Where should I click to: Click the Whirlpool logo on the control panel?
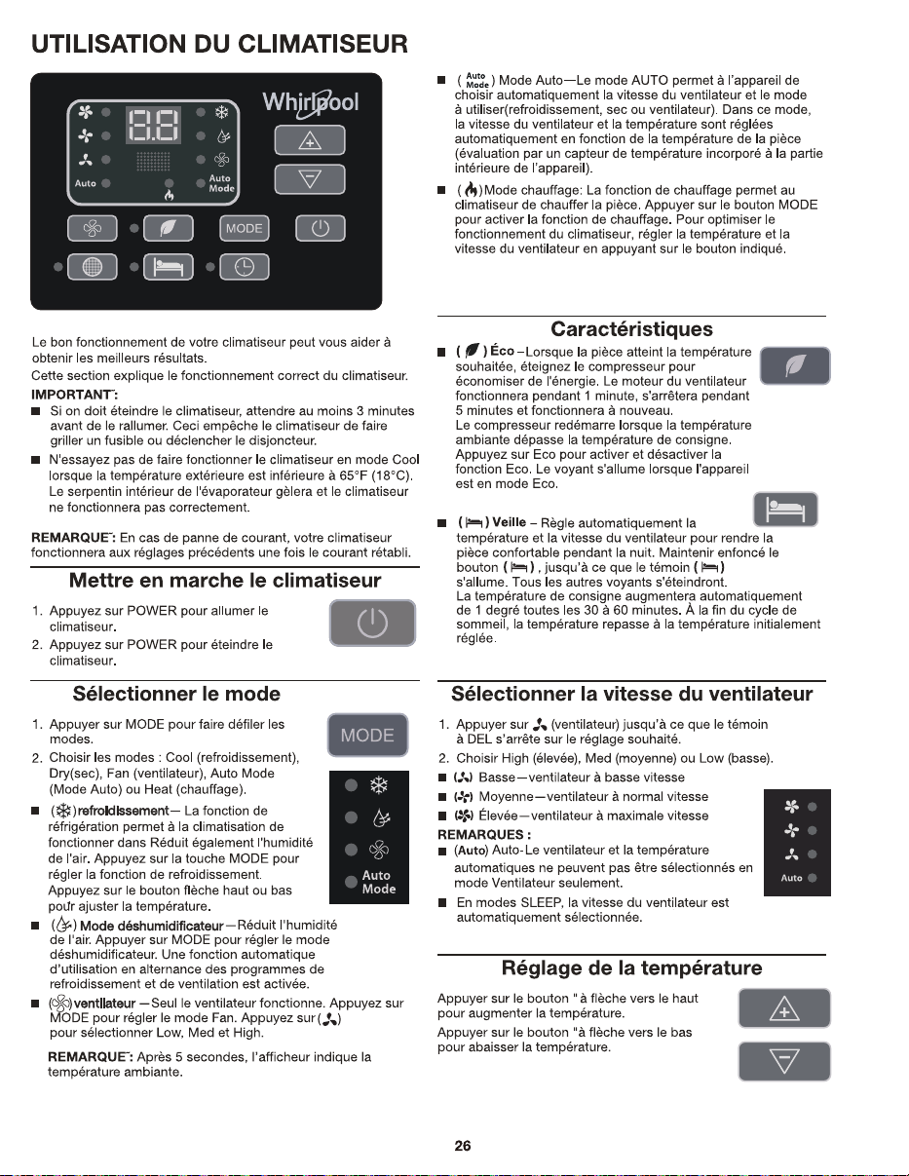310,103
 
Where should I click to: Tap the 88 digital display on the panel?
154,125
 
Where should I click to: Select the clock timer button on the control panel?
244,267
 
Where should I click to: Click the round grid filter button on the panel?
92,267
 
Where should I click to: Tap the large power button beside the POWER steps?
372,623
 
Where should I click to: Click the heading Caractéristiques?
631,329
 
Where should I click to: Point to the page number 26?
462,1146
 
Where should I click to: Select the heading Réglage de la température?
631,967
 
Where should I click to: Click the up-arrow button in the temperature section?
784,1007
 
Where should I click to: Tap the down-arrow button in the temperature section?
784,1061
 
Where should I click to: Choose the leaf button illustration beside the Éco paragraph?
795,365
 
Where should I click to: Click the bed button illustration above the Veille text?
785,510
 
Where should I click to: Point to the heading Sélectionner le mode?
176,694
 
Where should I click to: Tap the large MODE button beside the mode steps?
367,735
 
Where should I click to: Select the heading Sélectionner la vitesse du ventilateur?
631,694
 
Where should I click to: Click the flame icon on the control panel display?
170,195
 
